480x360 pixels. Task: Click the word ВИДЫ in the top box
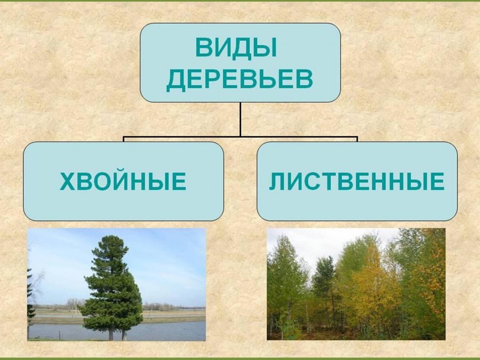click(x=236, y=48)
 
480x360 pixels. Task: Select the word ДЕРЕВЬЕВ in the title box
click(x=240, y=80)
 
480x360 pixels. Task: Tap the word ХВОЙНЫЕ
click(x=123, y=182)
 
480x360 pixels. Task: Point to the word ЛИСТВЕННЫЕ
click(x=357, y=182)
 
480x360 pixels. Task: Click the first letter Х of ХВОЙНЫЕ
click(x=67, y=182)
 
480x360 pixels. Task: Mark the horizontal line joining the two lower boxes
click(x=240, y=138)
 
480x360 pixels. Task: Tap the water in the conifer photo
click(x=158, y=331)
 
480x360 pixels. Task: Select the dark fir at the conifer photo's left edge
click(x=30, y=300)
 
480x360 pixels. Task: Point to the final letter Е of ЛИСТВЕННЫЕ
click(x=437, y=182)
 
